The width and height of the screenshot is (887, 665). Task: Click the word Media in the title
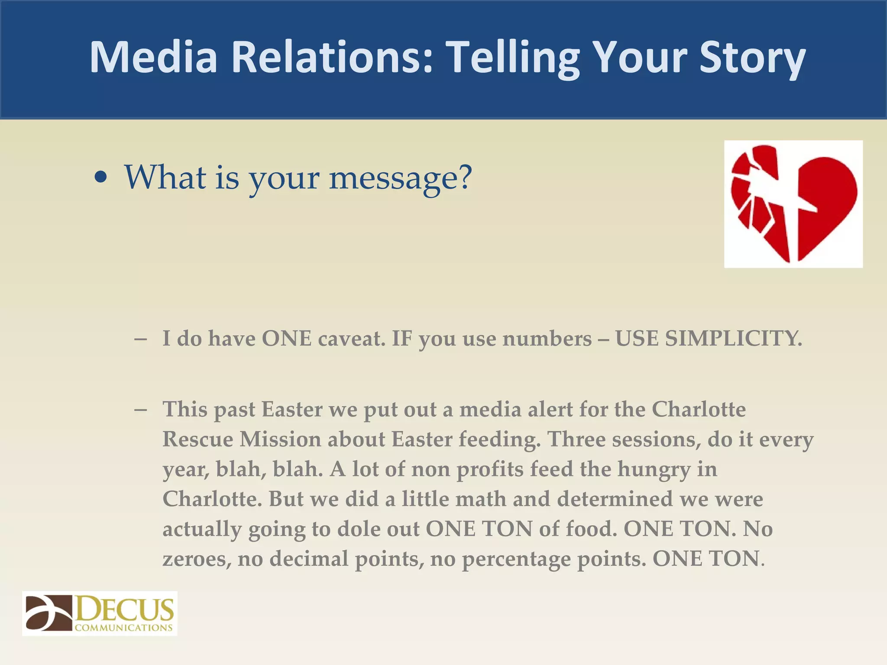(x=153, y=58)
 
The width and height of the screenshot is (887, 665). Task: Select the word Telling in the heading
(x=513, y=58)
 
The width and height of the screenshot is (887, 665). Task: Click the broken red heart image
(x=793, y=204)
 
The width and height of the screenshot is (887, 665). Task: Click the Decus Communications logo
(x=100, y=613)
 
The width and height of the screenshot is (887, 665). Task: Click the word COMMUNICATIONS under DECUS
(x=124, y=628)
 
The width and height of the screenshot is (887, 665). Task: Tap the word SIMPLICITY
(x=733, y=338)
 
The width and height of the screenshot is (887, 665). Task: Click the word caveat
(x=351, y=338)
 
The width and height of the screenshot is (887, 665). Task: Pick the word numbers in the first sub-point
(x=547, y=338)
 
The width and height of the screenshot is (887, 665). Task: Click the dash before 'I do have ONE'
(x=140, y=338)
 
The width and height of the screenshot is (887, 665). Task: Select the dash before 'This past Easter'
(x=140, y=409)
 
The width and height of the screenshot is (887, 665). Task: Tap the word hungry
(x=654, y=469)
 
